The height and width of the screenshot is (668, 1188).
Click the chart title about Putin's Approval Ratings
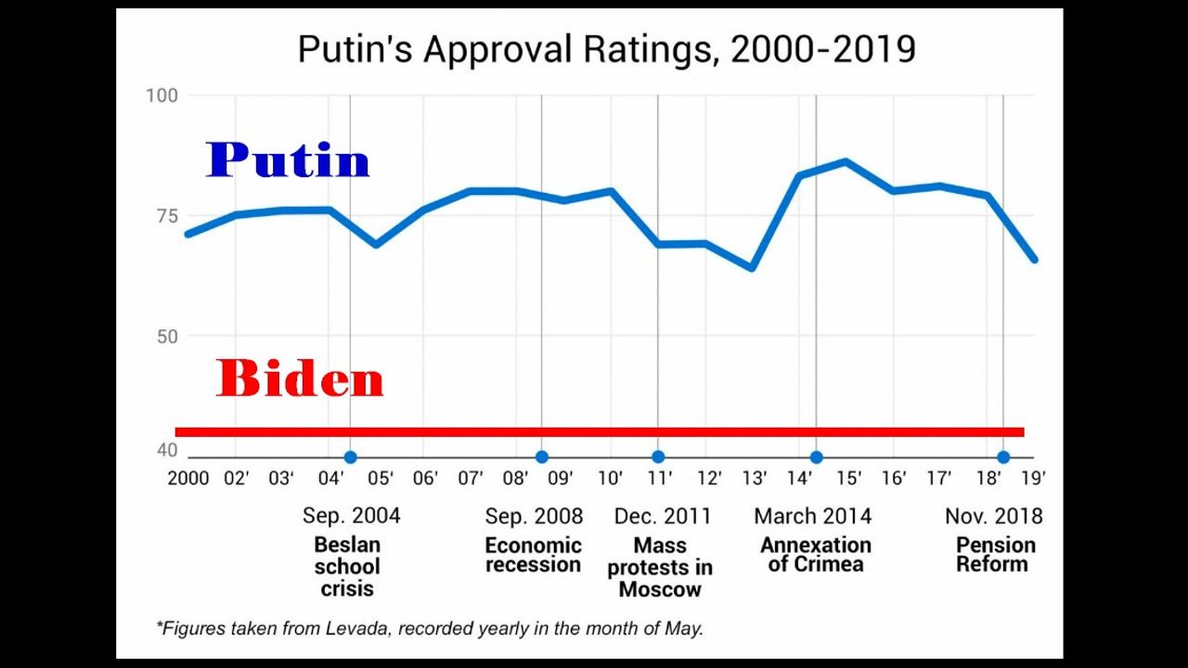click(606, 49)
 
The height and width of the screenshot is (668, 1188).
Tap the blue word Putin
click(288, 161)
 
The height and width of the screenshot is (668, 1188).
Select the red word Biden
click(300, 379)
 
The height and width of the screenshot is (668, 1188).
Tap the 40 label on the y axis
click(166, 450)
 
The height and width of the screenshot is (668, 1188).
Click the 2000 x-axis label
click(187, 478)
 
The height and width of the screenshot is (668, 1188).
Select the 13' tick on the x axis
click(754, 478)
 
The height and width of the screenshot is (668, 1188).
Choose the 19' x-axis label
click(1033, 478)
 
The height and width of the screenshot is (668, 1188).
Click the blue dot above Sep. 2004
click(350, 456)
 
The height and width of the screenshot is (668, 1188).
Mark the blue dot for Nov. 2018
click(1003, 456)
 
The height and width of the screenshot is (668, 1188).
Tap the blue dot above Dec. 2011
click(658, 456)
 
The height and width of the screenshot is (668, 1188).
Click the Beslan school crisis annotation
click(347, 566)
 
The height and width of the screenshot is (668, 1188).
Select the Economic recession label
click(533, 555)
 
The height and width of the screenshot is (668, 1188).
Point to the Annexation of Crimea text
click(816, 555)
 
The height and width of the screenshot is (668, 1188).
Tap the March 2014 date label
click(812, 516)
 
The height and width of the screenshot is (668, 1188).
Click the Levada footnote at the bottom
click(430, 628)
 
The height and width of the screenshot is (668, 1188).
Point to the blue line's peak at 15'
click(846, 161)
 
